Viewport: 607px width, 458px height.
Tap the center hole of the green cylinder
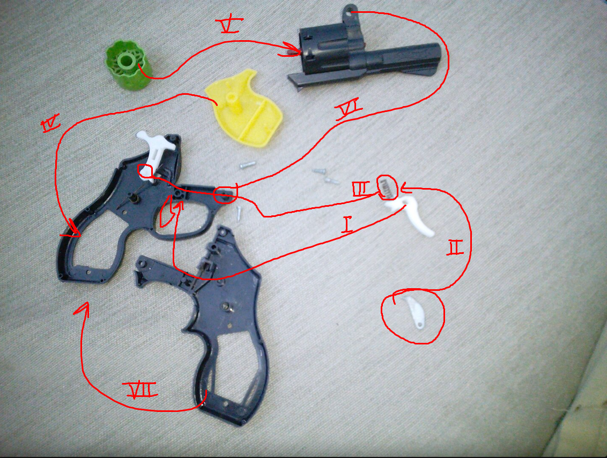click(126, 60)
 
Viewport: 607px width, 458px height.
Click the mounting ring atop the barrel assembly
click(350, 12)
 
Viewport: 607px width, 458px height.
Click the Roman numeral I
click(347, 225)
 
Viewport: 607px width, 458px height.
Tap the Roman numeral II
click(455, 247)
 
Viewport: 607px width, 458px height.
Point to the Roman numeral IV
click(51, 123)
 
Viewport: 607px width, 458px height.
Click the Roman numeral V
click(231, 25)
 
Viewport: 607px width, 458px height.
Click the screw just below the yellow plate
click(247, 165)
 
